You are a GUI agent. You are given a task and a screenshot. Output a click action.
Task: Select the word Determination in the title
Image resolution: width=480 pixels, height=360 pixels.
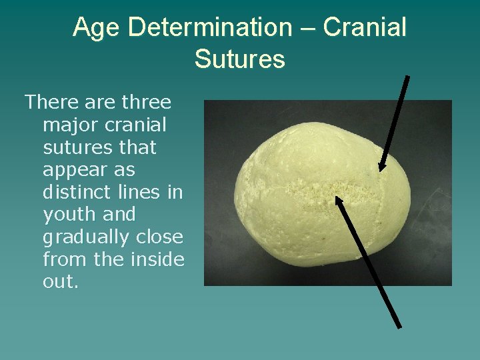[207, 28]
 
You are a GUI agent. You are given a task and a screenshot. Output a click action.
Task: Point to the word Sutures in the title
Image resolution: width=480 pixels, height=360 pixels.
[239, 59]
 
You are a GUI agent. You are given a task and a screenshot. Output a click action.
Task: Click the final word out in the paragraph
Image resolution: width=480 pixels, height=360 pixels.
[60, 282]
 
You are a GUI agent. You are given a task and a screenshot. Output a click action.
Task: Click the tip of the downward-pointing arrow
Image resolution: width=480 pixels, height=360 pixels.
[381, 171]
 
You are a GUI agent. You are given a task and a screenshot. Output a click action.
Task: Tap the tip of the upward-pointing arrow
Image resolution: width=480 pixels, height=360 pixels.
[337, 197]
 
